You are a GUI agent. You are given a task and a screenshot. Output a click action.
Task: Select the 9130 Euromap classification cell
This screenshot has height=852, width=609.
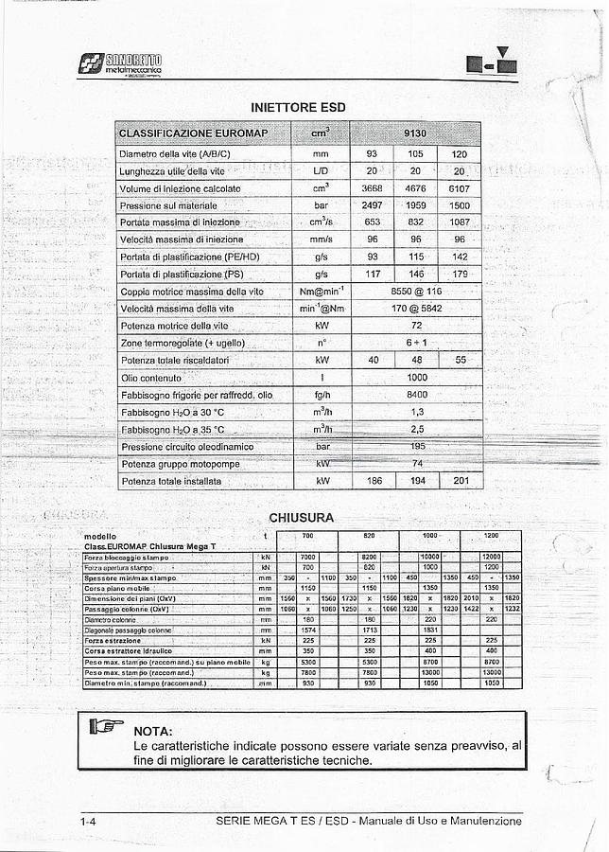415,133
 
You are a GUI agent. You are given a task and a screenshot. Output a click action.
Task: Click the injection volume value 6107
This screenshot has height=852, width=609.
459,188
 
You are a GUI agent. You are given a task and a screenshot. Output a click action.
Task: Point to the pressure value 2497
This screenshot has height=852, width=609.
372,205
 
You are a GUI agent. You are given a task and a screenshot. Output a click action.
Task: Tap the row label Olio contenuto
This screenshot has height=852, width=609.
150,378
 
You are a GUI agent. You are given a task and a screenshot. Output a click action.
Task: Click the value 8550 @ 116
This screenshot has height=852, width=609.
416,292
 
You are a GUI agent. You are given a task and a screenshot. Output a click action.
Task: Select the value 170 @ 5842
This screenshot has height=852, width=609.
416,309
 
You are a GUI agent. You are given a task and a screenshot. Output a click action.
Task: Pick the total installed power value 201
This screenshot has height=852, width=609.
460,481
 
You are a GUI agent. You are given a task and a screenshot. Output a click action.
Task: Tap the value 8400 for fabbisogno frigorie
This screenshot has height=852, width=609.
416,395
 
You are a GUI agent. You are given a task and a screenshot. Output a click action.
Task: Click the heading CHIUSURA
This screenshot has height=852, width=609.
301,518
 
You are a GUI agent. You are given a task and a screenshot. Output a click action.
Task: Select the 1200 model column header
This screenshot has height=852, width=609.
491,536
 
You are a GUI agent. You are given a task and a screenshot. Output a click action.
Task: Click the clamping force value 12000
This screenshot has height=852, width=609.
491,557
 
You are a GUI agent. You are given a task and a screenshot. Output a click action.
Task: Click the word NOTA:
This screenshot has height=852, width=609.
153,731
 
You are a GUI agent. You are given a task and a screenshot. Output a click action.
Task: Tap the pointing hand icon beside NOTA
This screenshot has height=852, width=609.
107,728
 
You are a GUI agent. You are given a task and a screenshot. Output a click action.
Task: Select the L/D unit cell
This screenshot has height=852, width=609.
321,171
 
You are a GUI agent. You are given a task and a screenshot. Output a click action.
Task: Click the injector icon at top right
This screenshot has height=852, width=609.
493,63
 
